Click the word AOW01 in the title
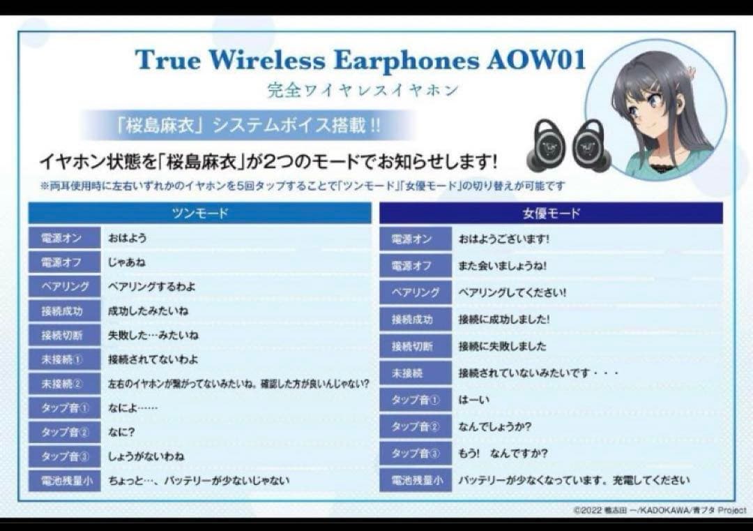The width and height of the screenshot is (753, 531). pyautogui.click(x=535, y=60)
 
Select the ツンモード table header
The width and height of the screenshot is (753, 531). pyautogui.click(x=199, y=214)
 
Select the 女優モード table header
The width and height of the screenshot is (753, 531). pyautogui.click(x=551, y=214)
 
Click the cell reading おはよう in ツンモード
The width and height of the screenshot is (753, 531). pyautogui.click(x=128, y=238)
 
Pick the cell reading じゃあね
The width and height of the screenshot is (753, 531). pyautogui.click(x=127, y=262)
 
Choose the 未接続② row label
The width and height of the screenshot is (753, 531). pyautogui.click(x=61, y=384)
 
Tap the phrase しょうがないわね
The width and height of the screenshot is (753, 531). pyautogui.click(x=146, y=456)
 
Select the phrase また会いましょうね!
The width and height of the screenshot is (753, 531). pyautogui.click(x=503, y=266)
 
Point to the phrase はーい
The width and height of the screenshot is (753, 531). pyautogui.click(x=474, y=401)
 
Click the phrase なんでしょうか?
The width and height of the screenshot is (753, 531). pyautogui.click(x=494, y=426)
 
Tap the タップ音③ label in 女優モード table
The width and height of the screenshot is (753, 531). pyautogui.click(x=416, y=454)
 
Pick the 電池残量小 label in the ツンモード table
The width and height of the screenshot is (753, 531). pyautogui.click(x=65, y=480)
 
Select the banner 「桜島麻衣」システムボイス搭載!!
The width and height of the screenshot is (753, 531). pyautogui.click(x=248, y=127)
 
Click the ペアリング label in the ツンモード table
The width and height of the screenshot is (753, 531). pyautogui.click(x=65, y=287)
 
